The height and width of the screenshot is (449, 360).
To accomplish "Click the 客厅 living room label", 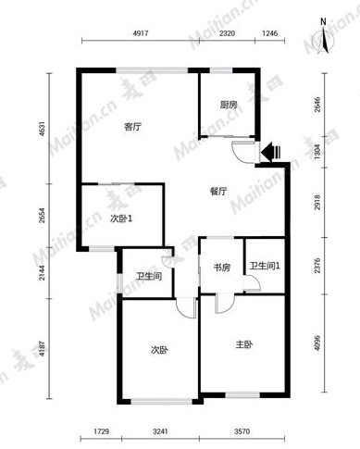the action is [133, 127].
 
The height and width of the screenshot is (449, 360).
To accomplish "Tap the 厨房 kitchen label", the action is [229, 105].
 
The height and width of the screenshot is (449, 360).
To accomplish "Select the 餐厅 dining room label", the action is [218, 192].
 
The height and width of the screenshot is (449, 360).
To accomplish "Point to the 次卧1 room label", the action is [121, 218].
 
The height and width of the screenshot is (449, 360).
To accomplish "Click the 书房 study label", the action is [222, 268].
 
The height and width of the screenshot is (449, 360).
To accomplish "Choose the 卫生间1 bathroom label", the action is [265, 266].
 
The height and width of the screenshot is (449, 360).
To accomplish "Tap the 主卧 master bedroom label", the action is [243, 344].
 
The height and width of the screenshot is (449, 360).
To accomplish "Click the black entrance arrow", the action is [270, 152].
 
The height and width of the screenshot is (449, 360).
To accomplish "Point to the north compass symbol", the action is [323, 39].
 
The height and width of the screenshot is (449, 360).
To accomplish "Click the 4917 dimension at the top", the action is [141, 33].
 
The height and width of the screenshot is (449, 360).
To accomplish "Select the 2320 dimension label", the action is [227, 33].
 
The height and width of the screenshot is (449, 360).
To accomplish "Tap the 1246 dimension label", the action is [270, 33].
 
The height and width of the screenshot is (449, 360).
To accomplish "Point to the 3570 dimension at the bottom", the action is [242, 431].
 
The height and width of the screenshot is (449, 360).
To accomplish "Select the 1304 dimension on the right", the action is [317, 152].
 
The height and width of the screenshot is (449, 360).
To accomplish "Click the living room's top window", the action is [152, 70].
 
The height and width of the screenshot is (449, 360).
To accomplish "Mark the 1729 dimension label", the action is [102, 431].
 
